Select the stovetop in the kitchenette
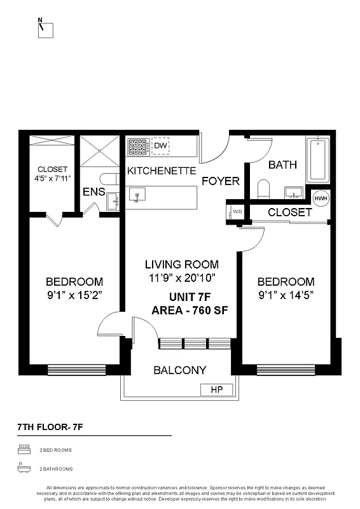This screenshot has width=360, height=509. (x=139, y=147)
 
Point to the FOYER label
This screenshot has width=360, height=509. (x=221, y=181)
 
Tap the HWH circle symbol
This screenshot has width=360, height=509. (x=321, y=198)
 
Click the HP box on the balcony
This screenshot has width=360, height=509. (x=216, y=389)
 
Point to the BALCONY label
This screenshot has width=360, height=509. (x=180, y=370)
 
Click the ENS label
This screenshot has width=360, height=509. (x=93, y=192)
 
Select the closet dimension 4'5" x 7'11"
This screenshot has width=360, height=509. (x=52, y=179)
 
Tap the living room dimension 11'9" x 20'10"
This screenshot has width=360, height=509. (x=181, y=277)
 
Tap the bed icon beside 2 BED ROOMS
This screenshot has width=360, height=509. (x=24, y=450)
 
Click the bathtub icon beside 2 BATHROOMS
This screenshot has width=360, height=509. (x=24, y=469)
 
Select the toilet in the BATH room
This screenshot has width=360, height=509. (x=264, y=188)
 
